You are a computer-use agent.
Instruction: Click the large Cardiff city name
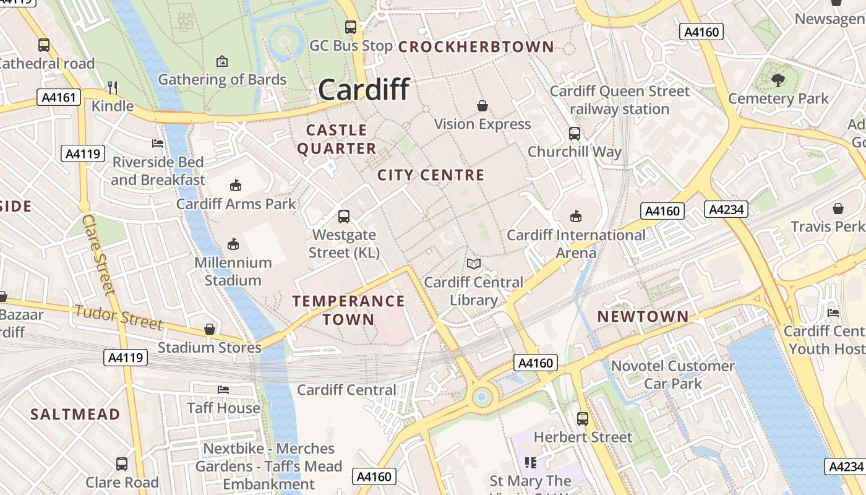[364, 90]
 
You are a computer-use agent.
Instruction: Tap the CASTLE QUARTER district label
[337, 139]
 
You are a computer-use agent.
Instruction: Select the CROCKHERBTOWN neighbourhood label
[476, 47]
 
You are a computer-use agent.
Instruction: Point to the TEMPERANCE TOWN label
[348, 310]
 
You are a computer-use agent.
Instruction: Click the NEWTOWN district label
[643, 317]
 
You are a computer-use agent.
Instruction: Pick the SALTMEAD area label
[75, 415]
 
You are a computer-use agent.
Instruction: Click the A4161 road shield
[59, 97]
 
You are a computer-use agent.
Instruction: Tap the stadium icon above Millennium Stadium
[233, 244]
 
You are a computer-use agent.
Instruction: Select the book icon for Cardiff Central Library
[474, 264]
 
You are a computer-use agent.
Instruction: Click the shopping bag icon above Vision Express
[482, 106]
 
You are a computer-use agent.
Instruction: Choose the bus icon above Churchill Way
[575, 133]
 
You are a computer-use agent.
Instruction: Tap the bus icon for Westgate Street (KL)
[344, 217]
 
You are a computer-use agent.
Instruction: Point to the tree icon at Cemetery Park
[778, 80]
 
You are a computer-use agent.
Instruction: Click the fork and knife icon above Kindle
[112, 87]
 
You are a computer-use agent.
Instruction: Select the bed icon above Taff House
[223, 389]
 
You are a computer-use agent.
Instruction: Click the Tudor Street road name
[119, 317]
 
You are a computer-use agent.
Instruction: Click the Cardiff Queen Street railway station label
[619, 100]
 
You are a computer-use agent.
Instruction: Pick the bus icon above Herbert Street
[583, 418]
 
